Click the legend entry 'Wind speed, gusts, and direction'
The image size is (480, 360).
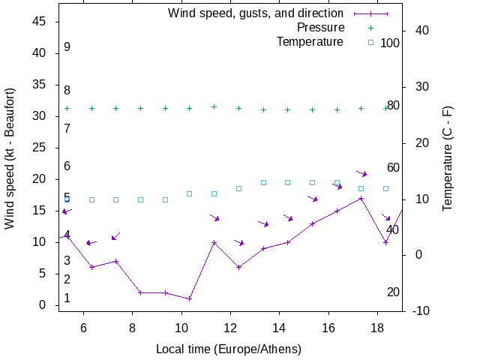[255, 13]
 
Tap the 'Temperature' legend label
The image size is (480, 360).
[310, 42]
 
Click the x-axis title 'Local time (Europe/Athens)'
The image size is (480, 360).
[228, 349]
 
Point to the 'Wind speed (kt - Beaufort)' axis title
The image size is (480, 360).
[10, 158]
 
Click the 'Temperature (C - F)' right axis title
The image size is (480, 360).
[448, 158]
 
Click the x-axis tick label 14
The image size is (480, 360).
[279, 327]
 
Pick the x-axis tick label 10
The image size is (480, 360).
[181, 327]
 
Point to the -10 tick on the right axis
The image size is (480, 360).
[421, 311]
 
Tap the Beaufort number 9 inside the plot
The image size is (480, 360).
[67, 47]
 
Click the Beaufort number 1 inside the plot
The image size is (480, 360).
[67, 298]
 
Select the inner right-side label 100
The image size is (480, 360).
[390, 43]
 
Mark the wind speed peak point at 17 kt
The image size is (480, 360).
[361, 199]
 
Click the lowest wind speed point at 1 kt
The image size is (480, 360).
[190, 298]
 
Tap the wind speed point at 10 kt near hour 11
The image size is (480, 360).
[214, 242]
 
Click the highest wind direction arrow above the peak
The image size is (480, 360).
[362, 173]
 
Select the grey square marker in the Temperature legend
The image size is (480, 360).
[370, 42]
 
